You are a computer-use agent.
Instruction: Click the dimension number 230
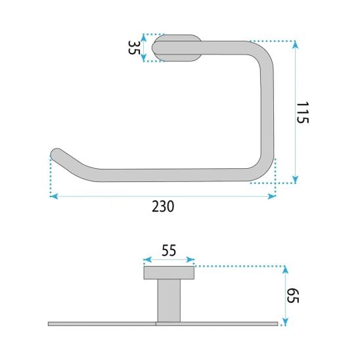pos(163,206)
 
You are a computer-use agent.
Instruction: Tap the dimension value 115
pos(302,112)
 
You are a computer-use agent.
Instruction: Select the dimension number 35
pos(133,47)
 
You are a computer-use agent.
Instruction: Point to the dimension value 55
pos(169,250)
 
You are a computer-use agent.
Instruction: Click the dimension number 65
pos(293,296)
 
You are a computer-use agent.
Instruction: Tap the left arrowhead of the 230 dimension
pos(54,196)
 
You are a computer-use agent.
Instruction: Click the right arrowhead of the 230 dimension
pos(272,196)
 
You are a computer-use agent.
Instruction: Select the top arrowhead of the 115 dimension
pos(296,45)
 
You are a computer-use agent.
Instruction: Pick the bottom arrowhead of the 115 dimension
pos(296,179)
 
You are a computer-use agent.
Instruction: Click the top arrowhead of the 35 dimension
pos(144,37)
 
